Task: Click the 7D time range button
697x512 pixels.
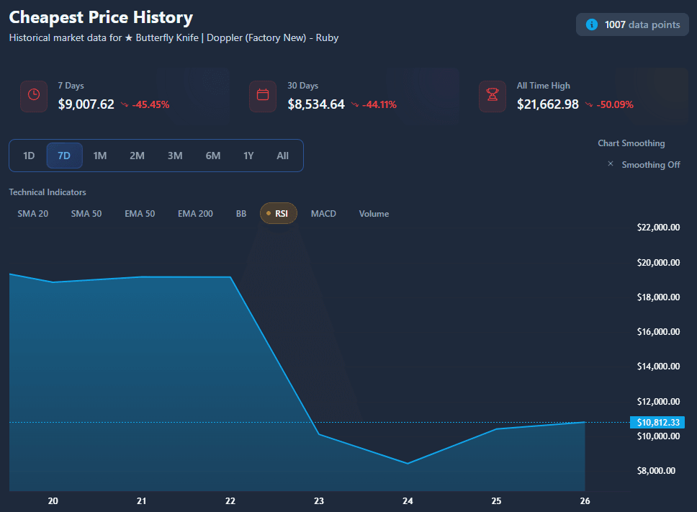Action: [x=64, y=156]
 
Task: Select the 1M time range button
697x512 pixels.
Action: [x=100, y=156]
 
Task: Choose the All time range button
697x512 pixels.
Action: [x=282, y=156]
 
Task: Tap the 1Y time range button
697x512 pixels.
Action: [x=248, y=156]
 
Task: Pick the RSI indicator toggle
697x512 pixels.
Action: [x=279, y=214]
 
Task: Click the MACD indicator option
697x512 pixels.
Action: [x=323, y=214]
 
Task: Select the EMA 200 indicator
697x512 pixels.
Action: [x=195, y=214]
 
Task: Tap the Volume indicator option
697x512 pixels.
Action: [x=374, y=214]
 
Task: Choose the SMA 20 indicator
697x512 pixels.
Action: [x=33, y=214]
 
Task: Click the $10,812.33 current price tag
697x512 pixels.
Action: [x=656, y=422]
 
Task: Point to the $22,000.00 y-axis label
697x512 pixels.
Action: [x=658, y=228]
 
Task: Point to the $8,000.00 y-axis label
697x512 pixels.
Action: [x=658, y=471]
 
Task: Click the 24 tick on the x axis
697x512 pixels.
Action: [x=408, y=501]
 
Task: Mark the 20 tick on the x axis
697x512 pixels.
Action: [x=53, y=501]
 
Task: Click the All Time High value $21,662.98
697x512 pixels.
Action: [x=547, y=104]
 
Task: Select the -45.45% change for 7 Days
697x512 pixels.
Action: [x=150, y=104]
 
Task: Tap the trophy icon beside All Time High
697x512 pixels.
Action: [x=493, y=94]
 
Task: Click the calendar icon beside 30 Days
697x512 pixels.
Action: [x=263, y=94]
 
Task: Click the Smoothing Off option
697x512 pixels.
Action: [x=650, y=165]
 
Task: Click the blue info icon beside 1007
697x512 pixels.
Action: [x=592, y=24]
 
